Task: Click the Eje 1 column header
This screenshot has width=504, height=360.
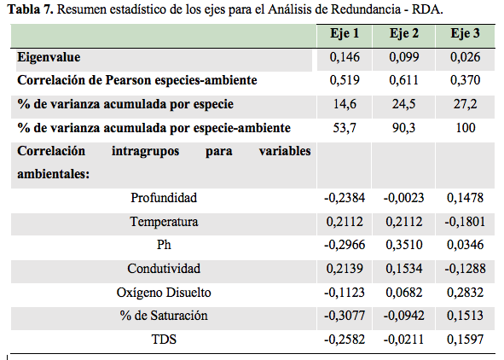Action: point(344,34)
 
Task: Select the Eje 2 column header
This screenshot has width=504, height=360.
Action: point(404,34)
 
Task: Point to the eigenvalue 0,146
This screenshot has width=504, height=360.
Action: point(345,57)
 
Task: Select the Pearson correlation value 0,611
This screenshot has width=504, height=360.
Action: point(405,80)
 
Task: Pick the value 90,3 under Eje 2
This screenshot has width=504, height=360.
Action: point(405,128)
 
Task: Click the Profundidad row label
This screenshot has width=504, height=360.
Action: point(164,198)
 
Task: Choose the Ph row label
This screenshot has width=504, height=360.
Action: point(164,246)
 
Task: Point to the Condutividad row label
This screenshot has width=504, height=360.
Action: point(164,269)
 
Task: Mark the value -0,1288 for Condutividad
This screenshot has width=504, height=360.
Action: point(464,269)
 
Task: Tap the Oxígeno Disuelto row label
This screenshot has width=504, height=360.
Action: point(164,293)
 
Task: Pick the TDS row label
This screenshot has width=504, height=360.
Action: point(164,340)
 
